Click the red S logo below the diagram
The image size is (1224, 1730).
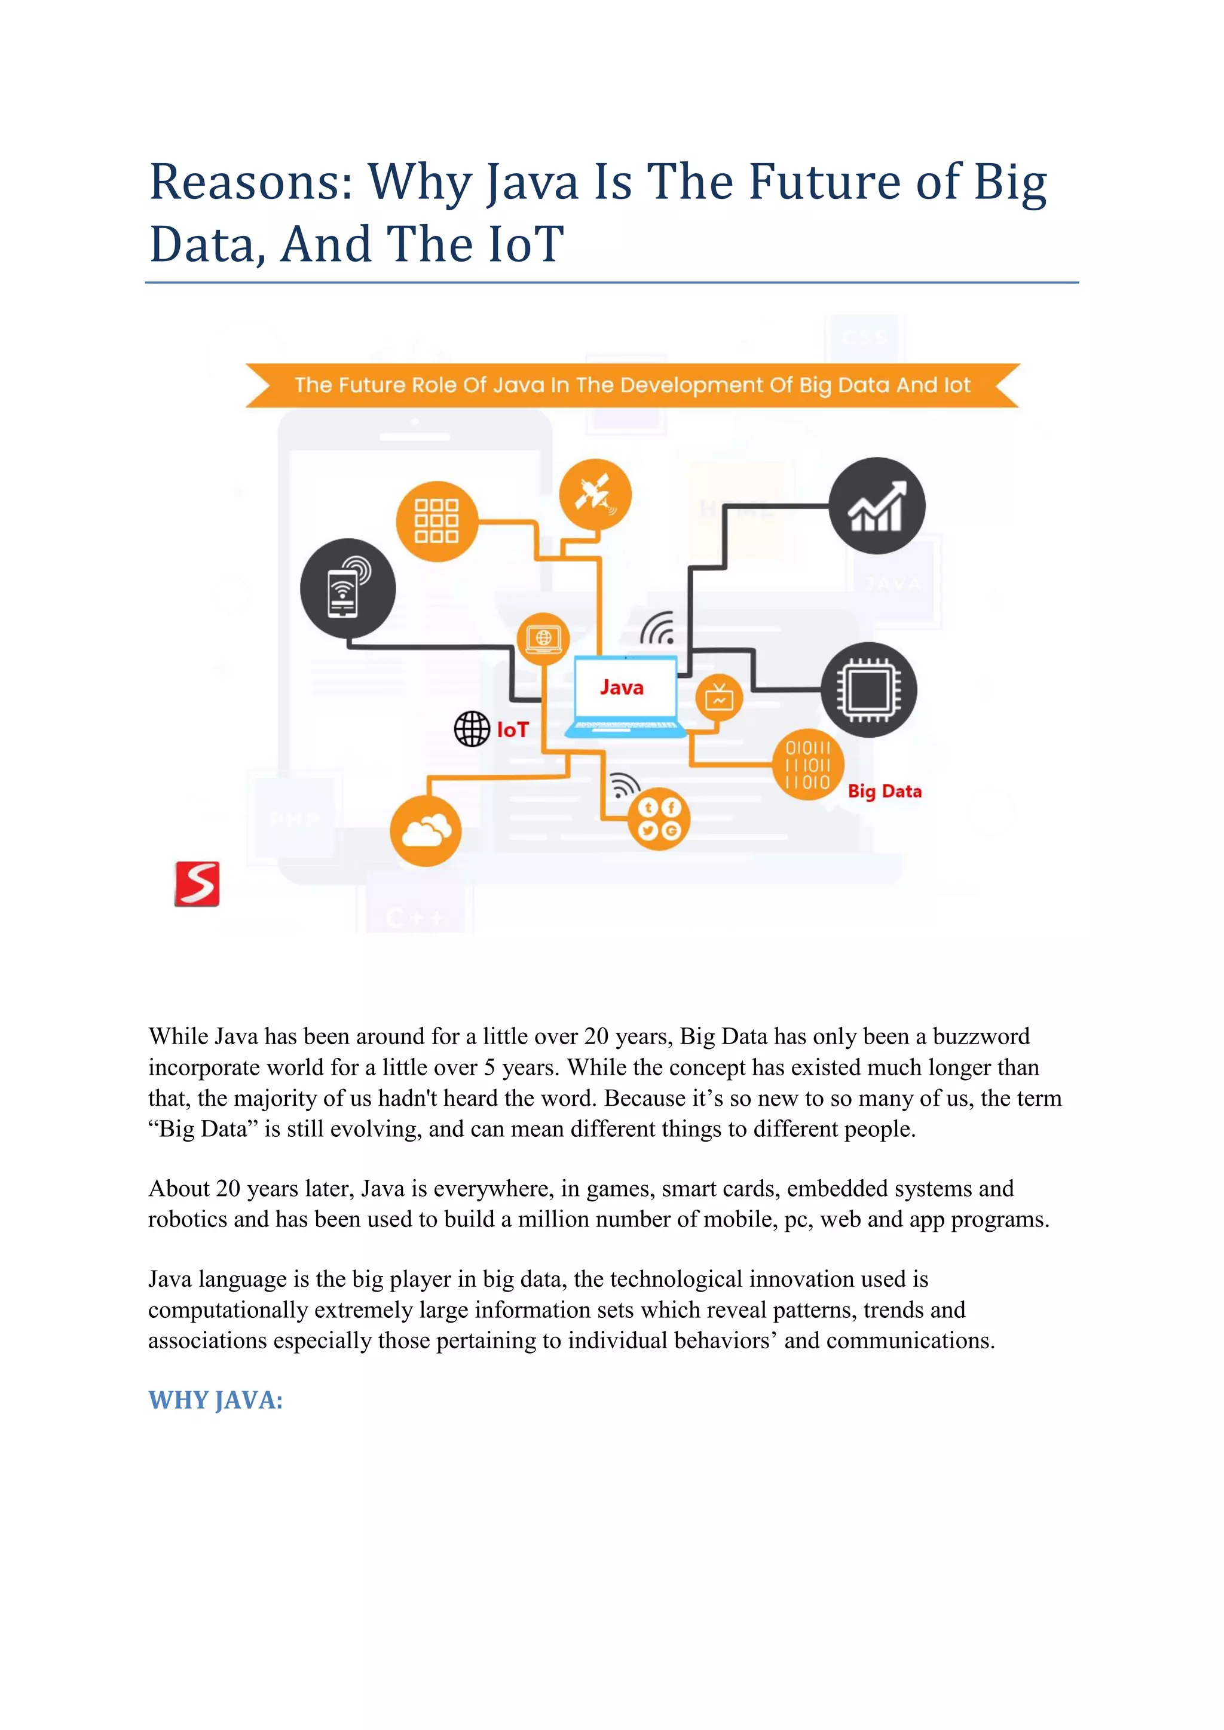click(x=197, y=884)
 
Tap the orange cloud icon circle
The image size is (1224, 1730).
click(x=426, y=830)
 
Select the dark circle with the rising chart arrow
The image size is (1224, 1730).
click(x=877, y=505)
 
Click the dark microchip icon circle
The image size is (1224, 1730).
click(x=868, y=689)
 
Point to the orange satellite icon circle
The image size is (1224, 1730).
click(x=595, y=495)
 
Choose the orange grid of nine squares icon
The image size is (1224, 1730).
click(x=437, y=521)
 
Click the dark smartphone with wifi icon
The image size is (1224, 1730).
click(x=347, y=588)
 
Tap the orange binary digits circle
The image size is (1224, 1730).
click(x=808, y=765)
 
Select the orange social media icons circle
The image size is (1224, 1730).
click(x=659, y=819)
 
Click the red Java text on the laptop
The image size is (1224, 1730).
click(x=622, y=687)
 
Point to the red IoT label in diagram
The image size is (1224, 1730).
click(x=513, y=729)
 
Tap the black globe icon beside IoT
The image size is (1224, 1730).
click(x=472, y=729)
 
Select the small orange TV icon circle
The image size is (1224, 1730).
click(x=719, y=698)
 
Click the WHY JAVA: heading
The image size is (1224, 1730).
click(x=216, y=1400)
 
